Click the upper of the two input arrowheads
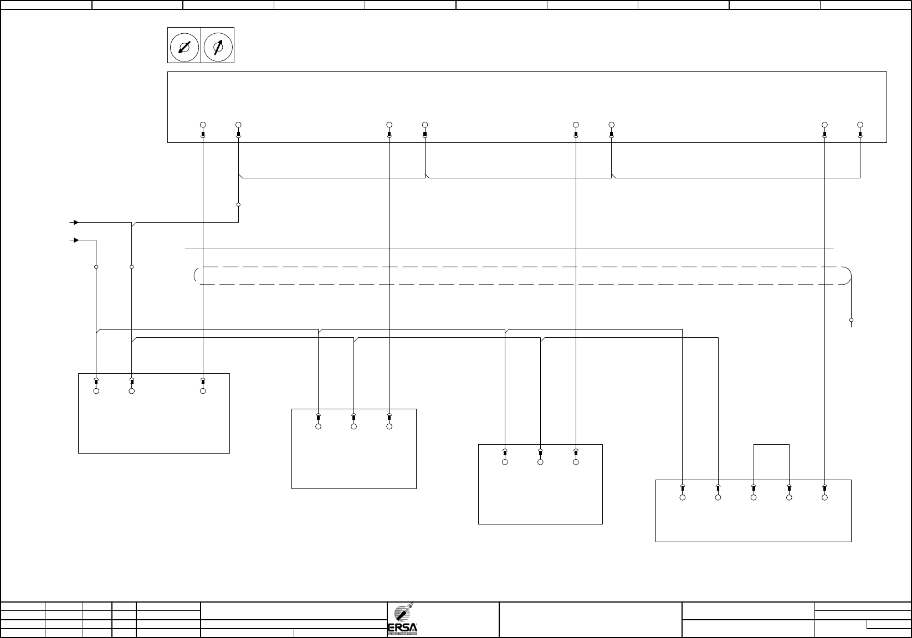(x=76, y=223)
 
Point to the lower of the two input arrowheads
(x=76, y=240)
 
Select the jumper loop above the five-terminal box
(x=771, y=445)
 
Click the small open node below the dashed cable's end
(x=851, y=320)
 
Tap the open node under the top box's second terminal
(x=239, y=205)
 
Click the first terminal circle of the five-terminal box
(x=683, y=498)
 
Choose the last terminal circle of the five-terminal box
(x=824, y=498)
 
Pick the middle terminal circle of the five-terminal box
(x=754, y=498)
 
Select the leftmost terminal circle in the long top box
(x=203, y=125)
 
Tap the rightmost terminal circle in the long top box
(x=860, y=125)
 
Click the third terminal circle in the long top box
(x=390, y=125)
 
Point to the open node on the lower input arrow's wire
(x=96, y=267)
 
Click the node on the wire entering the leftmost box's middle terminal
(x=132, y=267)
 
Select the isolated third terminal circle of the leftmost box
(x=203, y=391)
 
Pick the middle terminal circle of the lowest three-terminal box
(x=540, y=462)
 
